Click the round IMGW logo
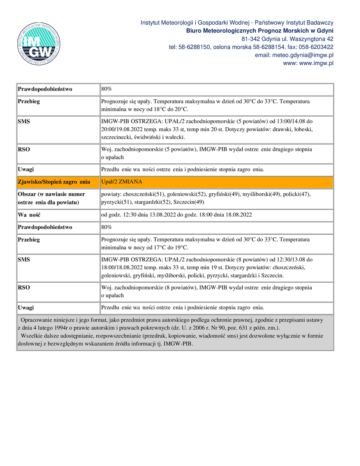(39, 43)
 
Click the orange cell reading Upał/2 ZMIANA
(122, 182)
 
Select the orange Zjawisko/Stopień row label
(54, 182)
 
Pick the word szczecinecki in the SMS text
(116, 137)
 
